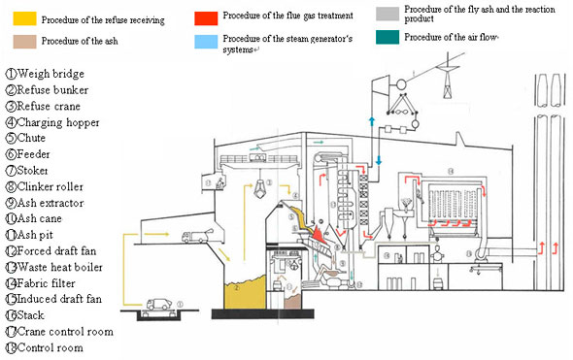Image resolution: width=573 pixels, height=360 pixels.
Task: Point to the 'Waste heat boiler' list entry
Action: point(62,266)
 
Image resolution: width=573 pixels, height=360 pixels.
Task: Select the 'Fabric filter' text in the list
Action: point(52,281)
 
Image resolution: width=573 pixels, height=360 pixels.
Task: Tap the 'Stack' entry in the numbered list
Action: point(38,314)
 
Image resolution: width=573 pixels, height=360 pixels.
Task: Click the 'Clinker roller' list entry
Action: point(56,186)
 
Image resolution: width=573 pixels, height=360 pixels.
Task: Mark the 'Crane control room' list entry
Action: point(66,331)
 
